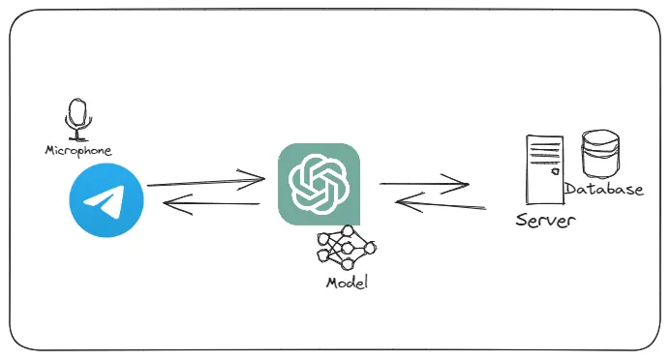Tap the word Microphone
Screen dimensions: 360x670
click(78, 151)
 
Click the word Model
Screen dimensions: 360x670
click(347, 284)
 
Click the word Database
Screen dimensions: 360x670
click(603, 190)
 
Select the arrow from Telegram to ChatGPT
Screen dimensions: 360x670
click(205, 180)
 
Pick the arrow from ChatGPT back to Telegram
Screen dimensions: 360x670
click(211, 203)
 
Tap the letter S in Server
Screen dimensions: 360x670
click(523, 221)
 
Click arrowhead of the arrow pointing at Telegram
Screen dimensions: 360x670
click(170, 202)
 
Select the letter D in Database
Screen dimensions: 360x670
click(570, 190)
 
